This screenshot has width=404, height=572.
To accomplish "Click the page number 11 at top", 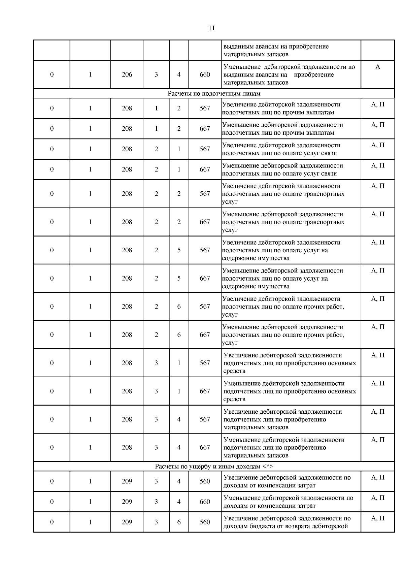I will (211, 28).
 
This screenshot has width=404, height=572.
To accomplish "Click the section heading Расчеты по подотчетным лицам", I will (214, 94).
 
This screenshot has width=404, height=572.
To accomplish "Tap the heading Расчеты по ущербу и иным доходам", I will (214, 467).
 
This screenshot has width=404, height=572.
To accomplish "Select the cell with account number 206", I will (127, 75).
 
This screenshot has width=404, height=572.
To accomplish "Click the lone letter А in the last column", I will (377, 67).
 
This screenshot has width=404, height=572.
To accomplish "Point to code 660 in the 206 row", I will (205, 75).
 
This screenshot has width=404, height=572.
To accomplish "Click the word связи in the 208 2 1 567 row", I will (330, 153).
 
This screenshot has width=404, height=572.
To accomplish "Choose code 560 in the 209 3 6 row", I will (205, 522).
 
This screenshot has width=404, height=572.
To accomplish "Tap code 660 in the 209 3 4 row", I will (205, 502).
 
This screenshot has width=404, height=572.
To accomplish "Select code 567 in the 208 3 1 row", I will (205, 363).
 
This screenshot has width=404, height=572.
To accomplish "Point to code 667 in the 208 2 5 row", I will (205, 279).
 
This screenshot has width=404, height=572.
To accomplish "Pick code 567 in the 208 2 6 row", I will (205, 307).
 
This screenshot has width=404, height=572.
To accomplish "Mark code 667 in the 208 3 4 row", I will (205, 448).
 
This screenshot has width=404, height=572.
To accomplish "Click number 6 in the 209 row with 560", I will (179, 522).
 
